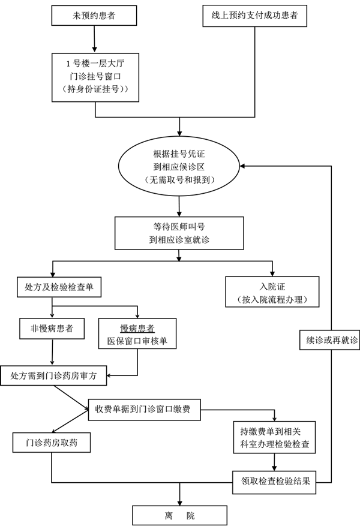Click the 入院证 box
(271, 291)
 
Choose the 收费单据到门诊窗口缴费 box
(144, 410)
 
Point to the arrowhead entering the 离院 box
(179, 501)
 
